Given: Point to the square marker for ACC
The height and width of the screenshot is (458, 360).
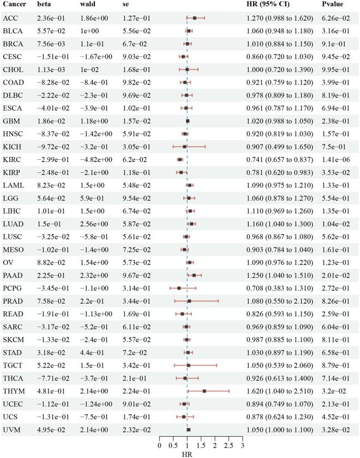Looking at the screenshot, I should click(x=195, y=18).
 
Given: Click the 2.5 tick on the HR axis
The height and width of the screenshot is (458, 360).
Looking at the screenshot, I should click(x=229, y=445).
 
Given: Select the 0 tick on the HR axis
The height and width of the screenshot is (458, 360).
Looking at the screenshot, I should click(x=159, y=445).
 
